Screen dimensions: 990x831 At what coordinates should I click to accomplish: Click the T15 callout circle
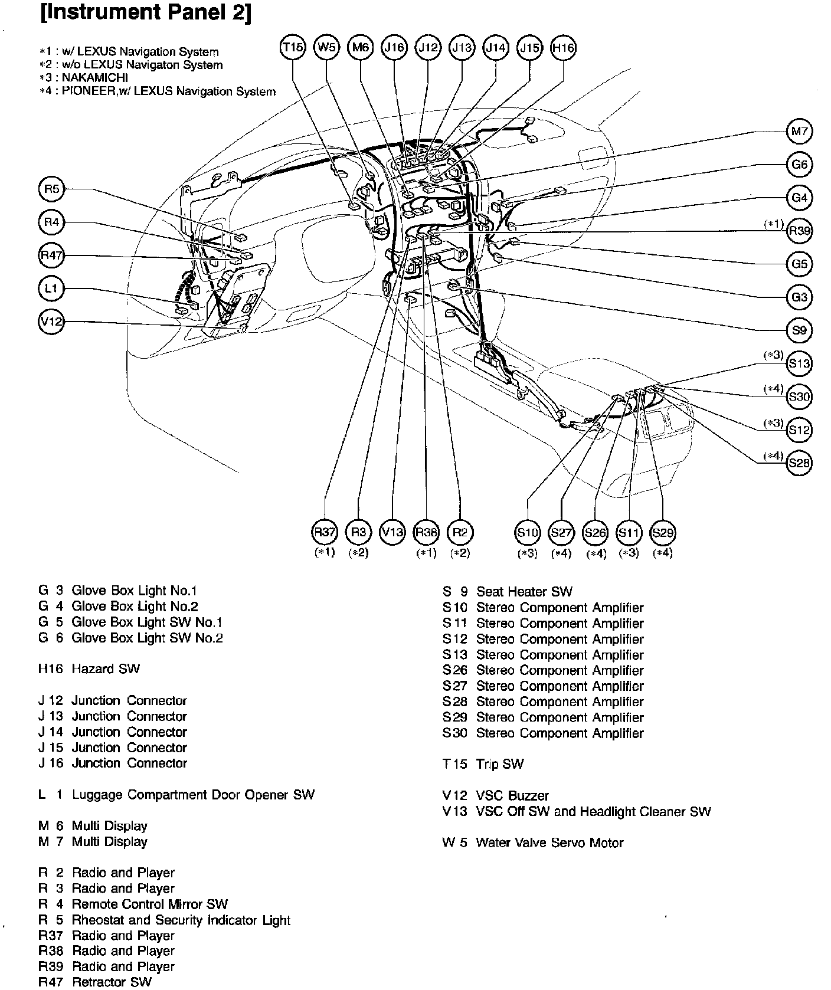[x=292, y=48]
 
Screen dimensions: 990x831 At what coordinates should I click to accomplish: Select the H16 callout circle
[x=563, y=48]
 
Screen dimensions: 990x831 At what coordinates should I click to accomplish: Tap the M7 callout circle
[x=800, y=132]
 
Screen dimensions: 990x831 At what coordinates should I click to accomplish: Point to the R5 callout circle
[x=52, y=189]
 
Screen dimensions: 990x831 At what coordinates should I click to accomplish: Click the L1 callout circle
[x=51, y=289]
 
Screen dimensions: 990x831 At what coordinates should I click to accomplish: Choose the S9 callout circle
[x=800, y=330]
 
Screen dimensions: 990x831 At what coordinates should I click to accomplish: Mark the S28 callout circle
[x=800, y=463]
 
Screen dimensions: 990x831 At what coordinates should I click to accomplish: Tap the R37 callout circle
[x=324, y=532]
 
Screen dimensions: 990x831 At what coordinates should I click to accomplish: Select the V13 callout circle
[x=392, y=532]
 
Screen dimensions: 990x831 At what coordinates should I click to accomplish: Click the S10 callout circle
[x=527, y=532]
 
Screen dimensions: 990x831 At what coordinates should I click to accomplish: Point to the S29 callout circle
[x=662, y=532]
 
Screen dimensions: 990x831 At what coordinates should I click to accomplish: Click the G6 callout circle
[x=800, y=165]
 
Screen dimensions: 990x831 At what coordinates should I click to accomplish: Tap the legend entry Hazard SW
[x=89, y=668]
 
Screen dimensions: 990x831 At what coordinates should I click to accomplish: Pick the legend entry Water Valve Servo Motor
[x=533, y=843]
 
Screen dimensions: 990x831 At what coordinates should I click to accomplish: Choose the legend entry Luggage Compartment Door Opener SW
[x=176, y=794]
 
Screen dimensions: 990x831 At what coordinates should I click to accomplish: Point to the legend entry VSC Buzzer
[x=496, y=795]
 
